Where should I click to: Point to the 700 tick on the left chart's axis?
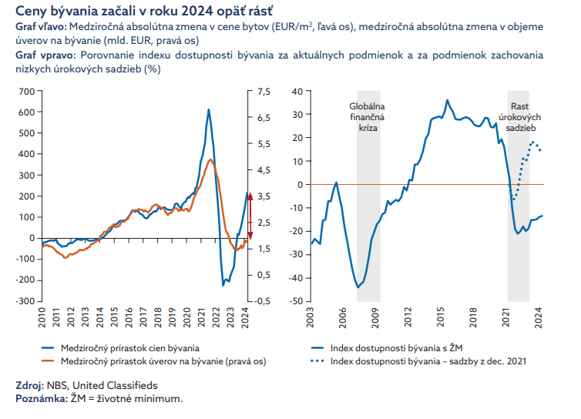27,91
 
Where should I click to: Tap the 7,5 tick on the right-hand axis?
264,91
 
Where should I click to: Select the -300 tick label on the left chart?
25,300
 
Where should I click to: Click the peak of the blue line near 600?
208,109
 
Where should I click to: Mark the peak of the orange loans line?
210,159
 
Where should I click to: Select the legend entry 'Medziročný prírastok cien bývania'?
130,349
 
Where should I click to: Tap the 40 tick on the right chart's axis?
301,91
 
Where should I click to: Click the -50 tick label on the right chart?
298,300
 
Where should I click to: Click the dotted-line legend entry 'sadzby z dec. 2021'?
428,361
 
